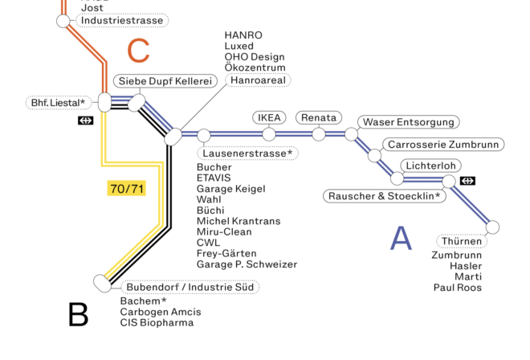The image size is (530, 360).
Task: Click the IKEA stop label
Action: pyautogui.click(x=269, y=117)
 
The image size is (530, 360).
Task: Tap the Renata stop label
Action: pyautogui.click(x=319, y=117)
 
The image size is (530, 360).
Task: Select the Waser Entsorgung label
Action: pyautogui.click(x=409, y=122)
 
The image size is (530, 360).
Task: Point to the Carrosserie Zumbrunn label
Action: pyautogui.click(x=442, y=145)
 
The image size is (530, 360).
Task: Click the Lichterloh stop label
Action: pyautogui.click(x=431, y=166)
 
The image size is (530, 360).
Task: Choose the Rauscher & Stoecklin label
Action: pyautogui.click(x=385, y=195)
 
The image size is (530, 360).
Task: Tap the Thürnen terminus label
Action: pyautogui.click(x=462, y=241)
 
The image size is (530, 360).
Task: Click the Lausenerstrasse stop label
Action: pyautogui.click(x=247, y=153)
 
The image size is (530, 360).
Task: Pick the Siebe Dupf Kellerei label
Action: pyautogui.click(x=166, y=81)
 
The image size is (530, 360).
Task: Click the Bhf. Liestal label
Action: pyautogui.click(x=58, y=103)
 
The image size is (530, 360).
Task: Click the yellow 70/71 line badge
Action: pyautogui.click(x=127, y=189)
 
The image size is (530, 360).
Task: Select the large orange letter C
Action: pyautogui.click(x=138, y=51)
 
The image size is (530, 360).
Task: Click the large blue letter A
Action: pyautogui.click(x=400, y=239)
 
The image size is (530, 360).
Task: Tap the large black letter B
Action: pyautogui.click(x=78, y=314)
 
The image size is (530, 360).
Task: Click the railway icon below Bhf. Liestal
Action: pyautogui.click(x=86, y=121)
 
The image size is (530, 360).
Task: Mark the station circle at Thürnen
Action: pyautogui.click(x=492, y=227)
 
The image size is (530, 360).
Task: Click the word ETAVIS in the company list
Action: pyautogui.click(x=214, y=178)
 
